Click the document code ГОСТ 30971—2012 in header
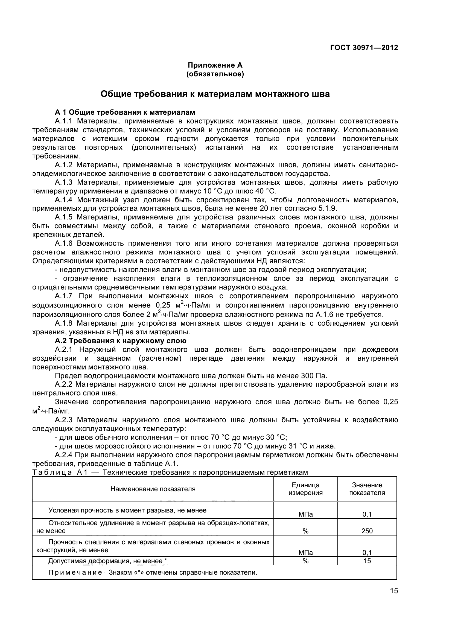point(364,48)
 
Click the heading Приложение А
point(215,65)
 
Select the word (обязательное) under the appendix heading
point(215,74)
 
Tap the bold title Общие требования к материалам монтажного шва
point(215,94)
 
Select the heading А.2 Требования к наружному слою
point(120,341)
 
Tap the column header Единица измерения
point(305,489)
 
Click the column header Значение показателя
point(367,489)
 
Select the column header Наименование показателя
point(153,489)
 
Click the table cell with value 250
point(367,531)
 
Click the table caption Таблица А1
point(60,473)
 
